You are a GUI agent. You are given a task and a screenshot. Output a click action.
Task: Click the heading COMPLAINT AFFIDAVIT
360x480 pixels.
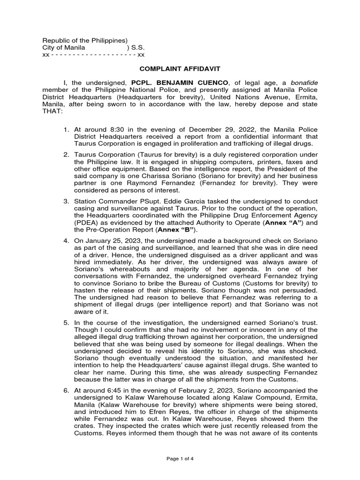point(180,68)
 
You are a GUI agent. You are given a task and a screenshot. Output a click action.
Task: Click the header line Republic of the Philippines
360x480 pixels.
point(85,41)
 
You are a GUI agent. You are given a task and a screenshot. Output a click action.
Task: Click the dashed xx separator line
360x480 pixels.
point(93,55)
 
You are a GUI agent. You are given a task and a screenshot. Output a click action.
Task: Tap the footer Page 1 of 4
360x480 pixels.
point(180,458)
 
